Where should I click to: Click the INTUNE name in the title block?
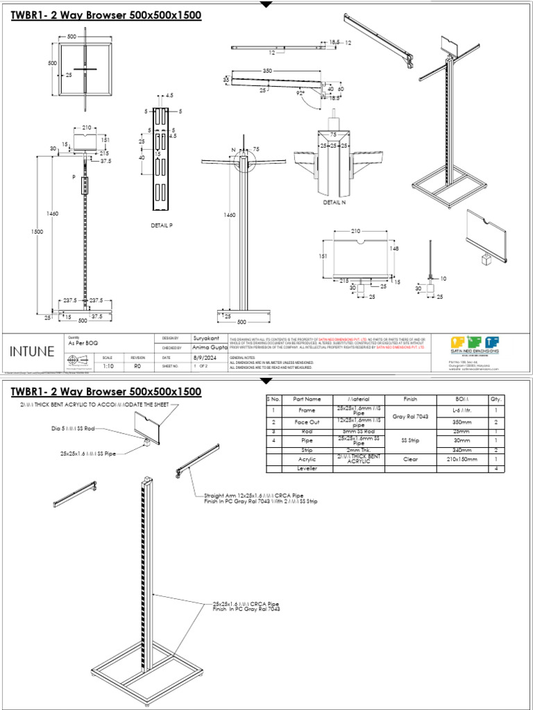pos(31,351)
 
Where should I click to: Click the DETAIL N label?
pos(334,203)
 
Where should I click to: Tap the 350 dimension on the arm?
pos(267,71)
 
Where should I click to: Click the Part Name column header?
pos(307,399)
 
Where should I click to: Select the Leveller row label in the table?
pos(307,469)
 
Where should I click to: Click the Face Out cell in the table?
pos(307,421)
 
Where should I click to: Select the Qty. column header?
pos(496,399)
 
